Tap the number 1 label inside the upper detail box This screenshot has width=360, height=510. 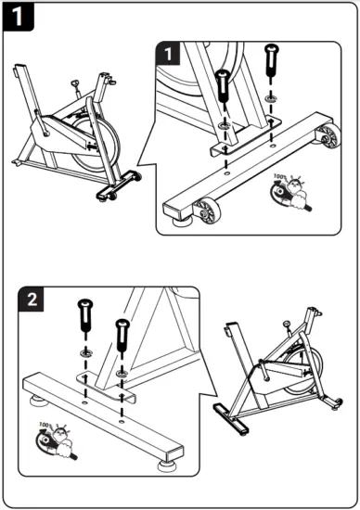tap(166, 55)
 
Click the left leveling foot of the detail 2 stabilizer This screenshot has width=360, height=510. tap(40, 402)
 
